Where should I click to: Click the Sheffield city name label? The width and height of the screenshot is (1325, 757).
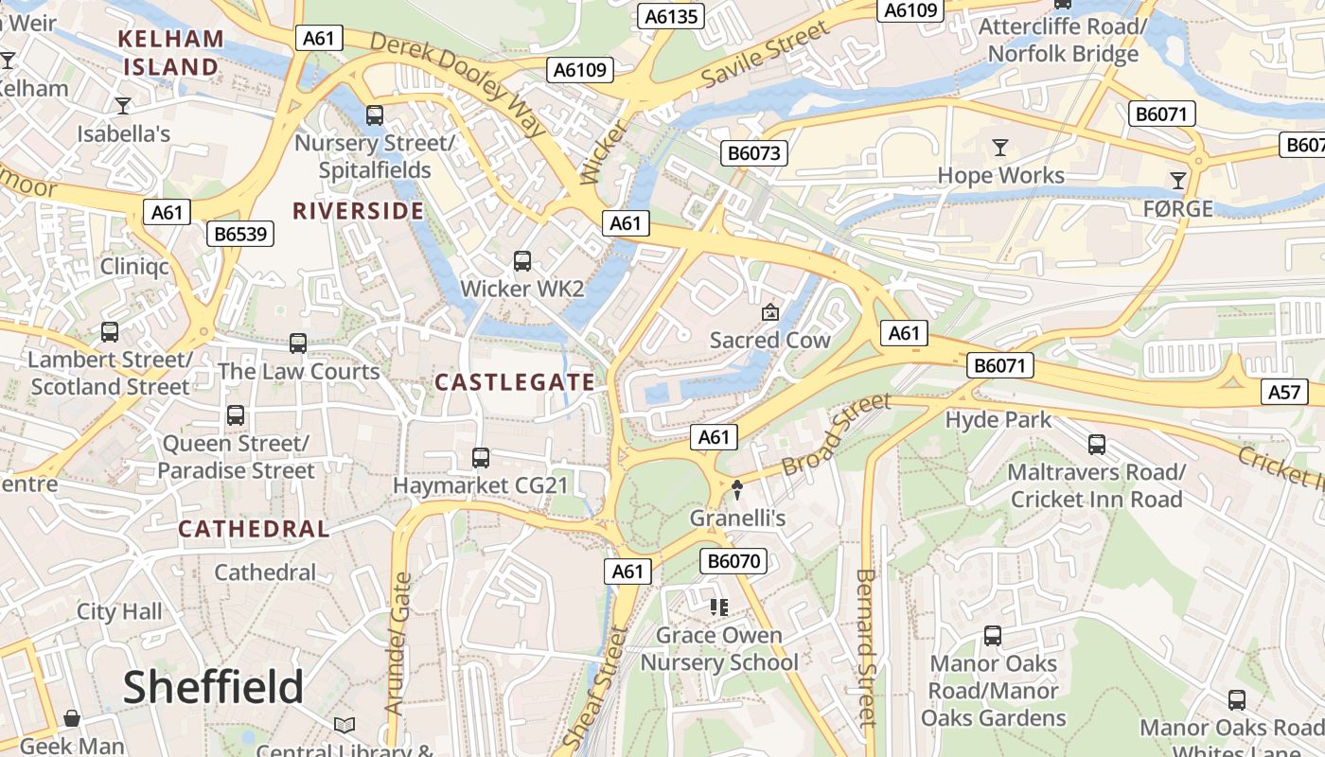pyautogui.click(x=213, y=686)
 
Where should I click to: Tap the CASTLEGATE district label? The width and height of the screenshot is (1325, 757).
pyautogui.click(x=515, y=382)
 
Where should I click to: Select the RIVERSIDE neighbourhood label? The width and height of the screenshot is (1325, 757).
pyautogui.click(x=358, y=211)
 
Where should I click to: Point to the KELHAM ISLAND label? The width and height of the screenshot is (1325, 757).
pyautogui.click(x=171, y=53)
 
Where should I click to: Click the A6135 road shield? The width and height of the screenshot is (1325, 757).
pyautogui.click(x=672, y=16)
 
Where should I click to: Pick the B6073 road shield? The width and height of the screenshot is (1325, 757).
pyautogui.click(x=754, y=153)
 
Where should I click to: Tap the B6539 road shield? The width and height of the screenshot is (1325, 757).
pyautogui.click(x=240, y=234)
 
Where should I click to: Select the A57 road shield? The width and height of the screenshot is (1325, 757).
pyautogui.click(x=1284, y=392)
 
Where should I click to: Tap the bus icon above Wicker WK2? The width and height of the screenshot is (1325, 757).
pyautogui.click(x=521, y=261)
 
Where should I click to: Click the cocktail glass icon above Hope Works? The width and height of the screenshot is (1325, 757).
pyautogui.click(x=999, y=148)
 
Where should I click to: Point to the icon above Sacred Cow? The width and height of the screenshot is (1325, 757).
pyautogui.click(x=770, y=312)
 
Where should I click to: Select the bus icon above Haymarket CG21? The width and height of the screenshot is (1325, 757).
pyautogui.click(x=481, y=458)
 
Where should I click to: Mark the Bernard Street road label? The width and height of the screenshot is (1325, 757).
pyautogui.click(x=866, y=647)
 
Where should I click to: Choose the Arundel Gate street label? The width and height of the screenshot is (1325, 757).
pyautogui.click(x=399, y=643)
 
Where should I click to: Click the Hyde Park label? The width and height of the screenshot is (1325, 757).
pyautogui.click(x=998, y=419)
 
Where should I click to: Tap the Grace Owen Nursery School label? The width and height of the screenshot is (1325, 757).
pyautogui.click(x=719, y=648)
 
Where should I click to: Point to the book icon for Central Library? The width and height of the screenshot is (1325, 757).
pyautogui.click(x=344, y=725)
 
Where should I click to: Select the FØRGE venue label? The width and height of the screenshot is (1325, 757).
pyautogui.click(x=1177, y=208)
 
